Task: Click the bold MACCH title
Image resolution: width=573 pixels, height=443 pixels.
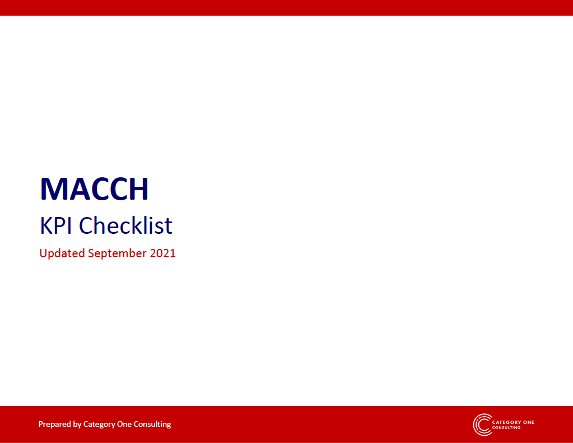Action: tap(94, 188)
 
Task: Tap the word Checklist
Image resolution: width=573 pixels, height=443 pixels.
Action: tap(125, 225)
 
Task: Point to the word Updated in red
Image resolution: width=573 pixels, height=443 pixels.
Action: tap(62, 253)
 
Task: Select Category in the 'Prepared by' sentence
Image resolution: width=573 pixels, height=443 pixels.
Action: tap(99, 425)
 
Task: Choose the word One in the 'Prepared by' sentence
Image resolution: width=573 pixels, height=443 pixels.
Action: tap(124, 424)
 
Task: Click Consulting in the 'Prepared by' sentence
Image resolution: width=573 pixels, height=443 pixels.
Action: tap(152, 425)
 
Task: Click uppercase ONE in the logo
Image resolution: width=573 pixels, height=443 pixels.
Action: tap(529, 422)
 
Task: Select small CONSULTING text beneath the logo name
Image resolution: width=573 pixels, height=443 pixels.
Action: tap(506, 428)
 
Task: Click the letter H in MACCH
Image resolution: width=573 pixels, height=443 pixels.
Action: tap(138, 188)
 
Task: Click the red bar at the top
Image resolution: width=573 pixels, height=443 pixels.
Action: tap(287, 8)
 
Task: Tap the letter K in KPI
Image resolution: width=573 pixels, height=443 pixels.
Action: tap(46, 225)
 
